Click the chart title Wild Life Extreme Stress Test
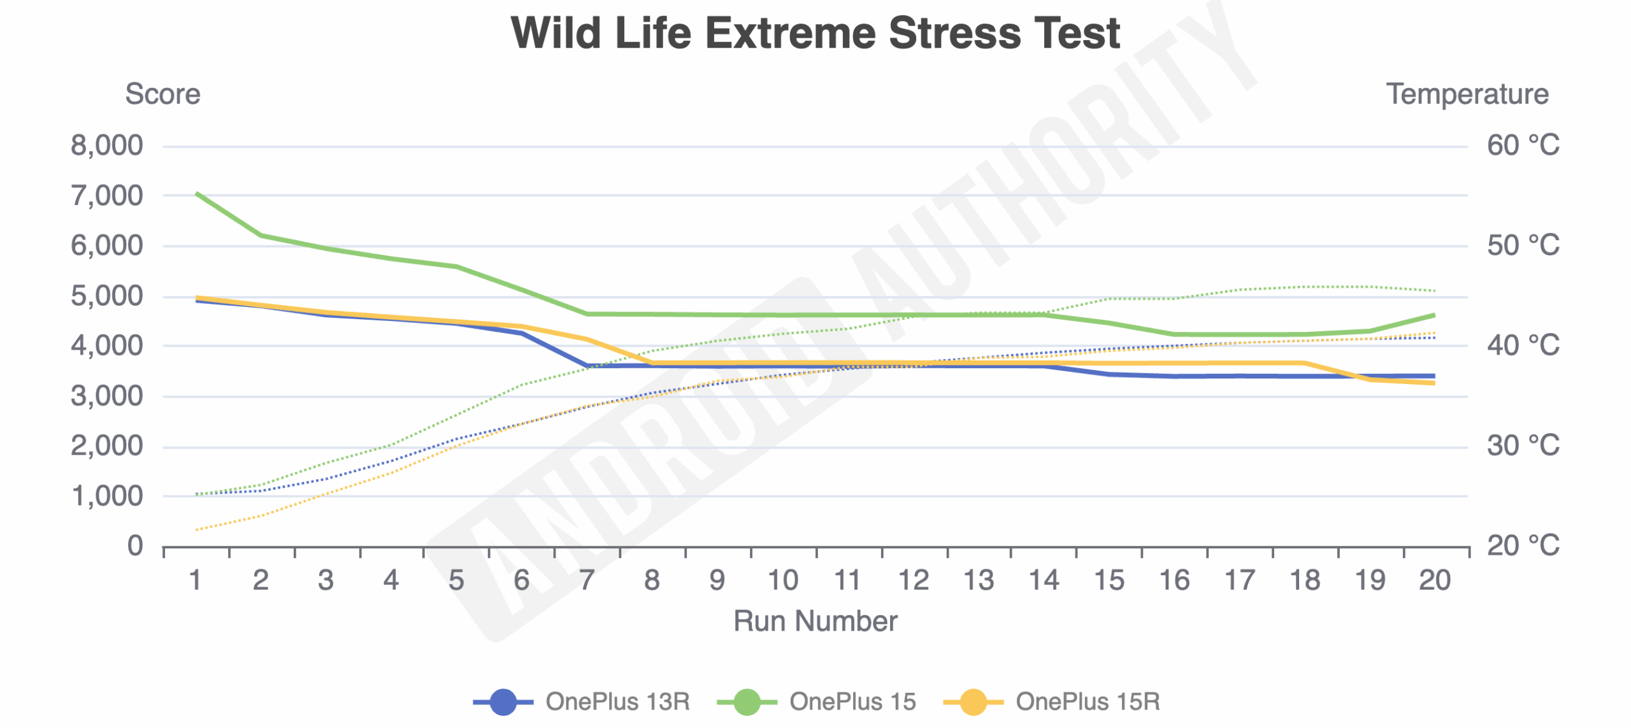(815, 33)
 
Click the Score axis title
(162, 94)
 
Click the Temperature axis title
(1467, 94)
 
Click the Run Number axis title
(815, 621)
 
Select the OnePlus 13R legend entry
(617, 702)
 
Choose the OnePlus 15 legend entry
(852, 702)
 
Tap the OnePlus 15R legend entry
(1087, 702)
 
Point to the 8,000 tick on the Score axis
(106, 146)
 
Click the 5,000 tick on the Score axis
(106, 296)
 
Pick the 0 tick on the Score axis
(134, 546)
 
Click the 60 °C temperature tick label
(1523, 146)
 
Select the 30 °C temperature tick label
(1523, 446)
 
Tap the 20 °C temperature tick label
(1523, 546)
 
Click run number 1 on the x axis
(196, 581)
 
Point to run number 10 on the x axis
(782, 581)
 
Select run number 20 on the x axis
(1435, 581)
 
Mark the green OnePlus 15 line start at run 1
(197, 193)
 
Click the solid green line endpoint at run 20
(1433, 315)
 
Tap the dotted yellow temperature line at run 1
(197, 529)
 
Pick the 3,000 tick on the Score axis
(106, 396)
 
